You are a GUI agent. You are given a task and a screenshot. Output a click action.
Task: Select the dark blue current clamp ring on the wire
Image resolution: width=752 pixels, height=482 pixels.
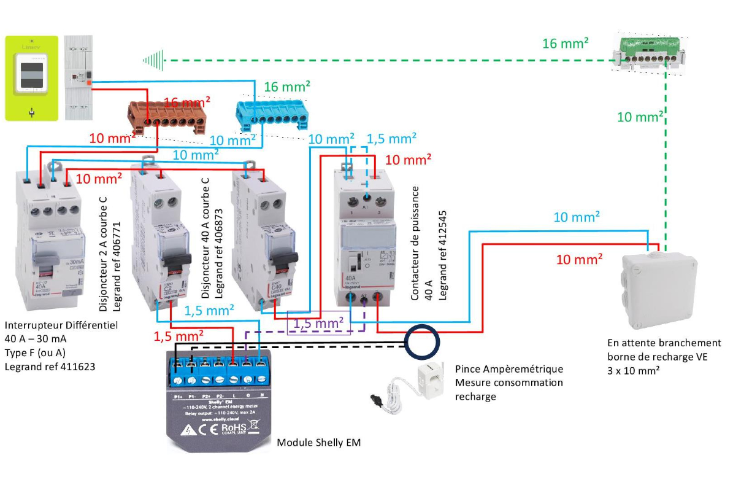pyautogui.click(x=421, y=343)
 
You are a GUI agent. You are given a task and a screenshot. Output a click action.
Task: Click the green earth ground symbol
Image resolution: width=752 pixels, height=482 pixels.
pyautogui.click(x=153, y=60)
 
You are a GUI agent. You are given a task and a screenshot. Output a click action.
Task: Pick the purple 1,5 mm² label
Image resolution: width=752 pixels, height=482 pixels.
pyautogui.click(x=318, y=322)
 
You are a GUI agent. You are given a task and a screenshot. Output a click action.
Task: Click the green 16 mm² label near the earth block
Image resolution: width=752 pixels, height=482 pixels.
pyautogui.click(x=566, y=44)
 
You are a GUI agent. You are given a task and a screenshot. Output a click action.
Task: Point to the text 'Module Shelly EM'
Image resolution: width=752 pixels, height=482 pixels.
pyautogui.click(x=319, y=442)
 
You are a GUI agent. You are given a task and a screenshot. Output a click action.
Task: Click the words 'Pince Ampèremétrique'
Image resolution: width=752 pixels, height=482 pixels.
pyautogui.click(x=508, y=369)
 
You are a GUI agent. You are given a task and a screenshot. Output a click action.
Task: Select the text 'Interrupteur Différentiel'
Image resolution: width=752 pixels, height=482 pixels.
pyautogui.click(x=61, y=324)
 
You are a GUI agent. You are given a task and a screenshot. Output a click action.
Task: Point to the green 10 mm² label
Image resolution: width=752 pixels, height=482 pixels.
pyautogui.click(x=640, y=117)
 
